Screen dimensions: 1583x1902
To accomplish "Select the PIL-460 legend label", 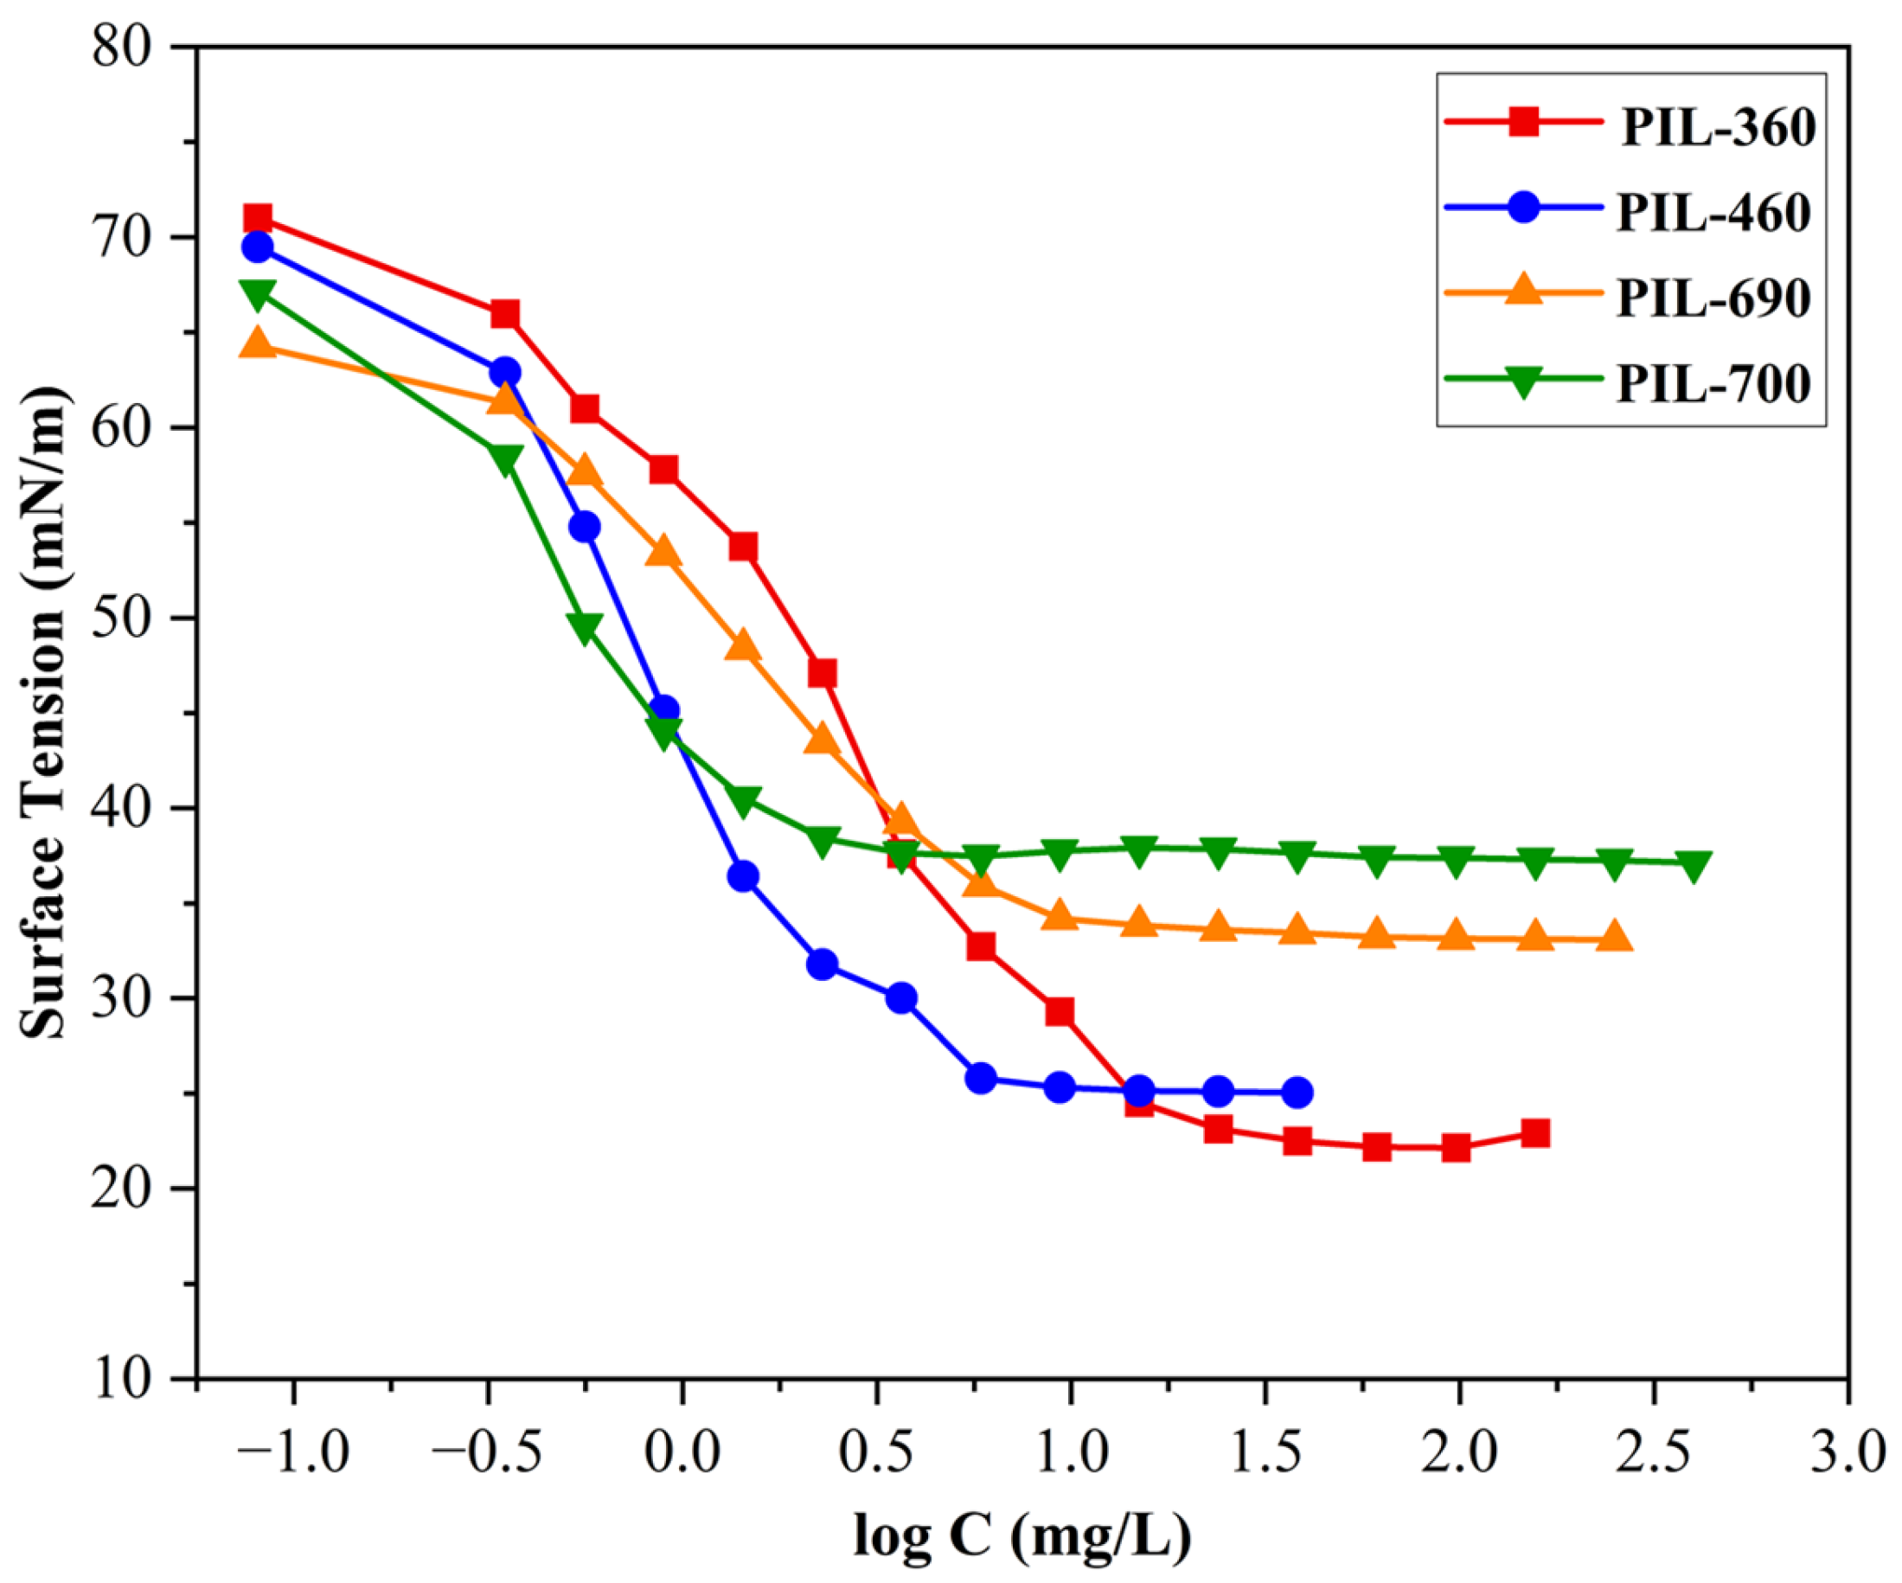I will (1713, 214).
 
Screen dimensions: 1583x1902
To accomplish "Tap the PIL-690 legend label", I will (1713, 298).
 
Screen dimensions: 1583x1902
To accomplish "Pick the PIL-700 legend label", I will (1713, 384).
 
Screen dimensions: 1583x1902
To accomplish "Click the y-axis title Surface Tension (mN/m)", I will (43, 713).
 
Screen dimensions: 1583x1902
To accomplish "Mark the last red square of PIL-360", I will (1535, 1133).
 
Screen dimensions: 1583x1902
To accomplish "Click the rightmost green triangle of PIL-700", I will (1692, 864).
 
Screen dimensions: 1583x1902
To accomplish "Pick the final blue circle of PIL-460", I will (1297, 1093).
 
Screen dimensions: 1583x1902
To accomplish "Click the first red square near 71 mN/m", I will (258, 218).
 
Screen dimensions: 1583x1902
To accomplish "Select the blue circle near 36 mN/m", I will (743, 875).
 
